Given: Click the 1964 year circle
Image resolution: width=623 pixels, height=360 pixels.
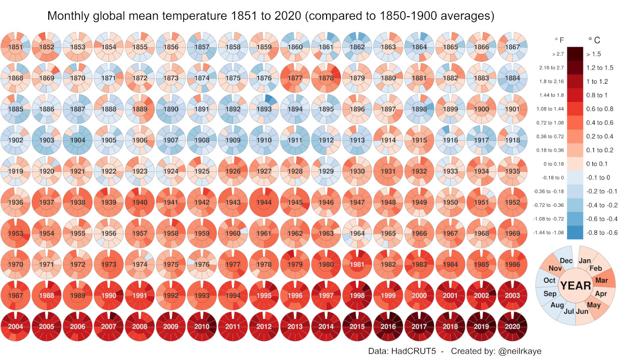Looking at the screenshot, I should tap(358, 233).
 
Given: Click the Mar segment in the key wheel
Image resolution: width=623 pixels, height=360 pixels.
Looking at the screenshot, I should tap(602, 281).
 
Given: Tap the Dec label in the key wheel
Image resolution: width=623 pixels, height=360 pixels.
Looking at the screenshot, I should tap(566, 261).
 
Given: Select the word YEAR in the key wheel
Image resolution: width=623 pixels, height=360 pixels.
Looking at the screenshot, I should tap(575, 285).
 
